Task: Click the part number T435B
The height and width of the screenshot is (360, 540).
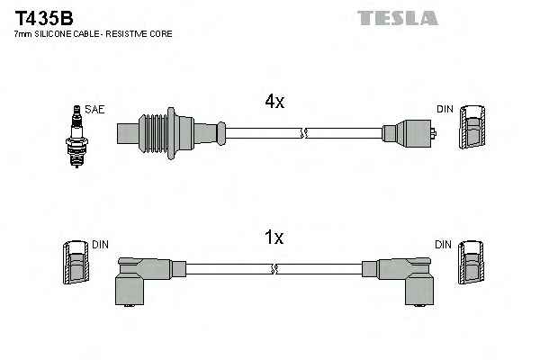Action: (44, 18)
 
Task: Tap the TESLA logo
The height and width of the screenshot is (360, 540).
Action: (398, 18)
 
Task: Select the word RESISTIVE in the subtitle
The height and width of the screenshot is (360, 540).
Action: (121, 34)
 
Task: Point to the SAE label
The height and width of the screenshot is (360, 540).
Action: (94, 109)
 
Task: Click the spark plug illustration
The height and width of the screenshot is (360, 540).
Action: (76, 137)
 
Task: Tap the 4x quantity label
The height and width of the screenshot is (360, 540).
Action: (274, 102)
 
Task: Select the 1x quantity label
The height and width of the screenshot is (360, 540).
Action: (274, 237)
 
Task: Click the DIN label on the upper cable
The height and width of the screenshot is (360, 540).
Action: (445, 109)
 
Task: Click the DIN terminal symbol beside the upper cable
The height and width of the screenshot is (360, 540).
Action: (472, 128)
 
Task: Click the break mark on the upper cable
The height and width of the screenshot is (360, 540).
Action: (304, 133)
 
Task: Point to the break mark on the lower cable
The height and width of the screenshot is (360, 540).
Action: (274, 269)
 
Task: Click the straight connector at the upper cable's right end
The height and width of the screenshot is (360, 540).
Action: (409, 133)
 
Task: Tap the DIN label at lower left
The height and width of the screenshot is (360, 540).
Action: (100, 245)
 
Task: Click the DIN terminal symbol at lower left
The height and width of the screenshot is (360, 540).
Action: (76, 263)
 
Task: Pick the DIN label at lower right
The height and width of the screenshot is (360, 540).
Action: (443, 245)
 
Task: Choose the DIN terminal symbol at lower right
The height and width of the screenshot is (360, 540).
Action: (471, 263)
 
